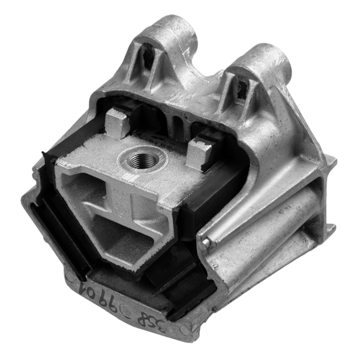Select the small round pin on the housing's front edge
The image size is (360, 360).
pyautogui.click(x=206, y=242)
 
